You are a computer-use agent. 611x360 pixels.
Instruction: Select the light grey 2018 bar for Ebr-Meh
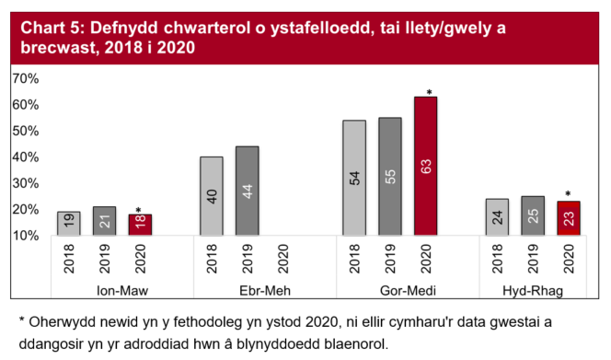(212, 196)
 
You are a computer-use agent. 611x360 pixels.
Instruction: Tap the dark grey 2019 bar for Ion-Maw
(105, 221)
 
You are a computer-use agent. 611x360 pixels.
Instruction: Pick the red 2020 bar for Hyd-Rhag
(568, 218)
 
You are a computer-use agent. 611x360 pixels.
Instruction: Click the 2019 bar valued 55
(390, 177)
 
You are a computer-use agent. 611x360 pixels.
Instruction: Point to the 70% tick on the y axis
(25, 79)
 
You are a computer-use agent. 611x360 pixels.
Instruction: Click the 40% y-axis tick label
(25, 157)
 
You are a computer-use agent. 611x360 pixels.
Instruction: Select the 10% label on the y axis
(25, 236)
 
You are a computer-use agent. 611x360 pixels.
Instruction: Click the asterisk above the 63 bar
(429, 92)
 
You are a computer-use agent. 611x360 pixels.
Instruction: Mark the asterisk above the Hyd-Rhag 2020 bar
(568, 195)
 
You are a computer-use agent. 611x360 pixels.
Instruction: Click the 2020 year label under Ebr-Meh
(283, 261)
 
